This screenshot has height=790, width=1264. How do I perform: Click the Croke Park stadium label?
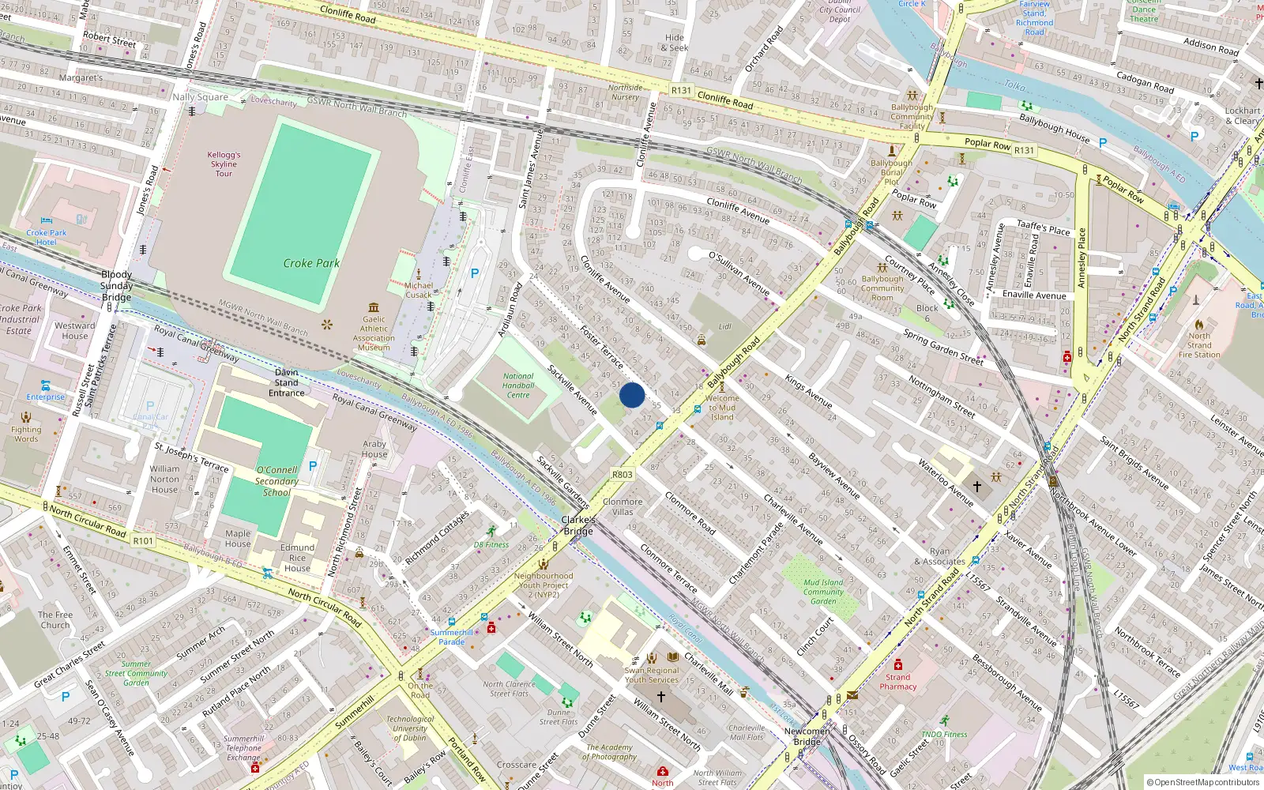click(311, 263)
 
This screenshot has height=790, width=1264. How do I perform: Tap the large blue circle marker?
click(632, 395)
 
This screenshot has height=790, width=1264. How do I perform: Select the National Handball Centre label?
click(518, 386)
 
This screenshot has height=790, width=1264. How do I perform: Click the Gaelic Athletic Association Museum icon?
click(374, 307)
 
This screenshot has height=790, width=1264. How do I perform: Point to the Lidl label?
click(725, 326)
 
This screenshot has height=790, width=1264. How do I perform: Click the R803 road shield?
click(623, 475)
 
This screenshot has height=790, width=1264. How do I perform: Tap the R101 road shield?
click(143, 540)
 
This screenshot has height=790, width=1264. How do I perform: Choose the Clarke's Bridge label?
click(578, 525)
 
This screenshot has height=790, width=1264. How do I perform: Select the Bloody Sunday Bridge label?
click(117, 286)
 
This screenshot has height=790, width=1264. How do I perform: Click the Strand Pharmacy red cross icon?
click(898, 664)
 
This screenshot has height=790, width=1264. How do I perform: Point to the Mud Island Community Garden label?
click(823, 592)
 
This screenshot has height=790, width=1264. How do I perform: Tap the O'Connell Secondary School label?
click(276, 481)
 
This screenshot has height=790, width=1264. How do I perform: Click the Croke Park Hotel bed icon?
click(47, 221)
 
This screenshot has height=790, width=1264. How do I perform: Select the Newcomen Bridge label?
click(807, 736)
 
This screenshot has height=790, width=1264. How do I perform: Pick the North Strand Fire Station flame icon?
click(1198, 325)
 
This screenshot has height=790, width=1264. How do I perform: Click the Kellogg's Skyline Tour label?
click(224, 164)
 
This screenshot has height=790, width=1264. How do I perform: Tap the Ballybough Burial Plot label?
click(891, 172)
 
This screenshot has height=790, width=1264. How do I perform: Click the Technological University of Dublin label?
click(410, 728)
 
